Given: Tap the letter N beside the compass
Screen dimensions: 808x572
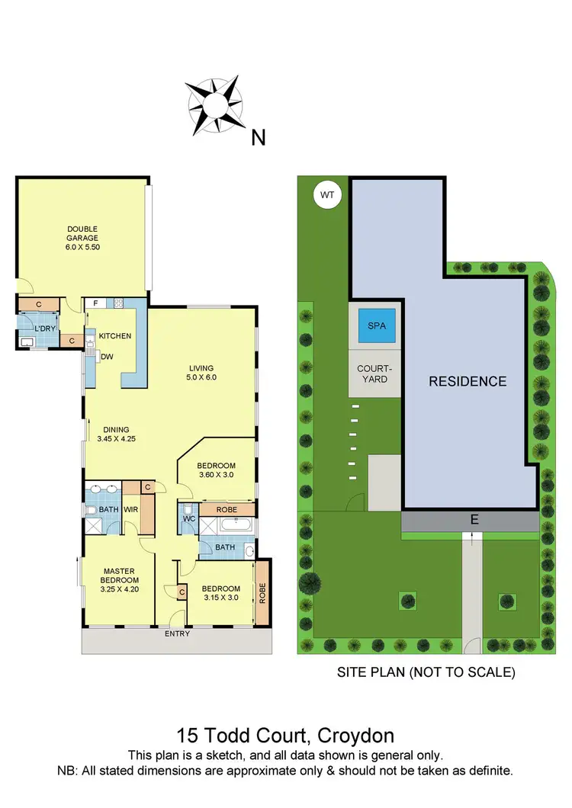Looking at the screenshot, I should tap(259, 137).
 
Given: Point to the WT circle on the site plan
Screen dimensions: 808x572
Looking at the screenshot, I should tap(327, 195).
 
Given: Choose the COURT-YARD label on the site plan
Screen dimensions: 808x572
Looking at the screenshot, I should tap(373, 374).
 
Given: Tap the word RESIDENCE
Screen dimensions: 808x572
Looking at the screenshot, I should tap(467, 381).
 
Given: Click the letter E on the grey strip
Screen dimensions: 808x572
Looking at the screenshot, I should tap(474, 521).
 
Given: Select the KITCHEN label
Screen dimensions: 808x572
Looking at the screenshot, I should tap(115, 336).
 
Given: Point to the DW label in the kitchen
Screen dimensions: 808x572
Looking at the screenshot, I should tap(107, 357).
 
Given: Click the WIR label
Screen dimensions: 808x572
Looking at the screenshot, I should tap(130, 509).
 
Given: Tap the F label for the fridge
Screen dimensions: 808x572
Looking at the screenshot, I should tap(95, 303).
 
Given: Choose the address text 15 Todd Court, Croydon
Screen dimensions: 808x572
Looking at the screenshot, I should tap(285, 736).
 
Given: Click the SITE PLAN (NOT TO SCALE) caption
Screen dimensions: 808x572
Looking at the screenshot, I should tap(426, 673).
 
